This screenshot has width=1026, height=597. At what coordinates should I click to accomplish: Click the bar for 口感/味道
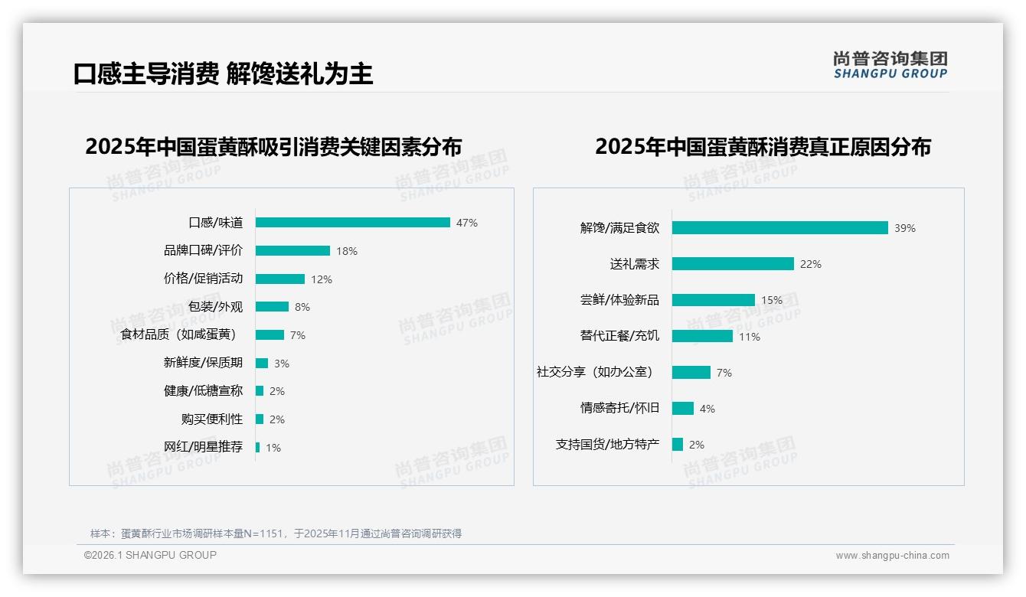[352, 223]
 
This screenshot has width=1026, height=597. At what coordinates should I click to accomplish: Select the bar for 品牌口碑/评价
[292, 251]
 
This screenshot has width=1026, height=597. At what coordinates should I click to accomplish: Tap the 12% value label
[322, 279]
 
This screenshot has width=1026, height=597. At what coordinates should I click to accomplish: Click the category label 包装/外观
[215, 307]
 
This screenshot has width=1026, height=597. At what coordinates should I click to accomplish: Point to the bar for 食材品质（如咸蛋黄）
[270, 335]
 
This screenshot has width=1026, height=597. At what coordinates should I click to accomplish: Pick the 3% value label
[282, 364]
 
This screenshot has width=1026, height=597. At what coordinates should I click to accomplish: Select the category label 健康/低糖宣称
[203, 391]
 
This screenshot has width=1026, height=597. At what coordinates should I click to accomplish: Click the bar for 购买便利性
[260, 419]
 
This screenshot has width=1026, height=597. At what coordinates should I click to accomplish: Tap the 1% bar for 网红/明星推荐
[258, 448]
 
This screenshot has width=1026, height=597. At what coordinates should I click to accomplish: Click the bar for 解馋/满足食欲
[779, 228]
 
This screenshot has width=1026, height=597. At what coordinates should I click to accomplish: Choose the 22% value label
[810, 264]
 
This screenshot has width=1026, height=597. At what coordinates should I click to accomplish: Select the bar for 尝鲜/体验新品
[713, 300]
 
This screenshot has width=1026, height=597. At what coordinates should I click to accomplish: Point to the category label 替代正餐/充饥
[619, 336]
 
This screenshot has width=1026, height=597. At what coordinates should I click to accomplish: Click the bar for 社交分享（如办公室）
[691, 373]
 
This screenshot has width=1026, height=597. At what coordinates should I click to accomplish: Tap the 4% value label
[707, 409]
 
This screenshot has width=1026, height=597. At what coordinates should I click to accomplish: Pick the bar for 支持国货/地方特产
[678, 445]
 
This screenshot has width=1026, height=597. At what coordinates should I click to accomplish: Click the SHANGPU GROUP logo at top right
[890, 65]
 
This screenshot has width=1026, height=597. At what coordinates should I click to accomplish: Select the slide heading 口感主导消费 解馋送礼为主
[223, 74]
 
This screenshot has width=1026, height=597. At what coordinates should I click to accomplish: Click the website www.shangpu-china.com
[892, 556]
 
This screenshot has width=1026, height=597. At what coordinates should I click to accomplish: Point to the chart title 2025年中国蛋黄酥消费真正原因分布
[763, 147]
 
